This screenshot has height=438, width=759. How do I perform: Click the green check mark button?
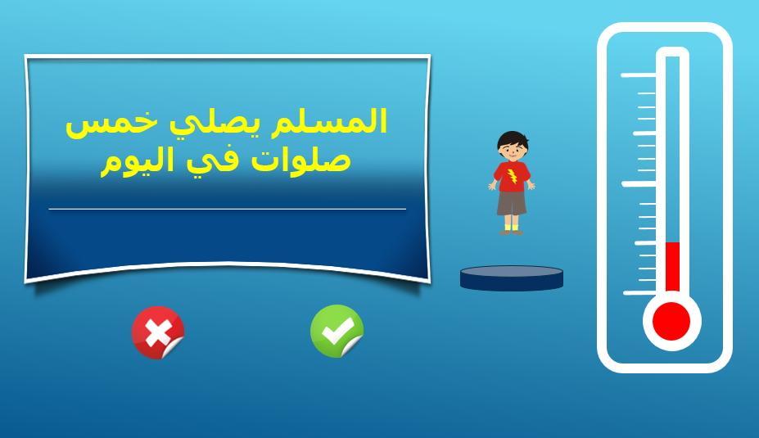337,332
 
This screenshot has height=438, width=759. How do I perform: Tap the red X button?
158,332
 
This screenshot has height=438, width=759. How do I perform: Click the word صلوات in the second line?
301,160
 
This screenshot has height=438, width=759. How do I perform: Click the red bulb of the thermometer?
671,322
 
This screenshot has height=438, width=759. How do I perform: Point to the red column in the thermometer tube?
672,267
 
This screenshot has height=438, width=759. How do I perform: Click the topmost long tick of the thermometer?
638,75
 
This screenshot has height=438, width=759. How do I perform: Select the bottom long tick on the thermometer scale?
639,293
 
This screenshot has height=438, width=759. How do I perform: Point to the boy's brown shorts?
511,203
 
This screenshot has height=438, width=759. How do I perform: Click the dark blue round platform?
512,278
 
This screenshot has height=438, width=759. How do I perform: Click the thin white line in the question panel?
228,209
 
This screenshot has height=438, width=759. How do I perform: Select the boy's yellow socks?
512,227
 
